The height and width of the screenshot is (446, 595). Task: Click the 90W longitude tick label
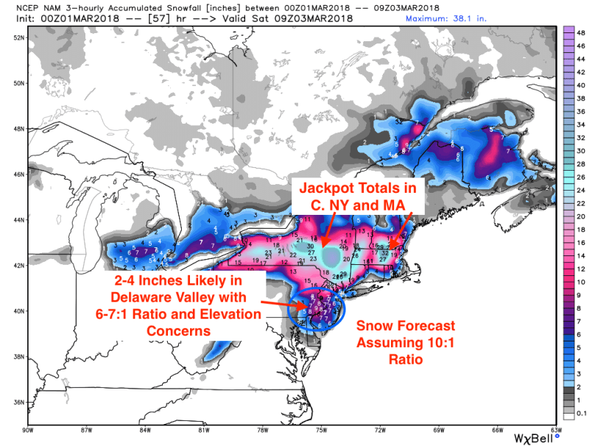29,430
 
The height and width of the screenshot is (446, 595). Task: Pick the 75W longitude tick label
322,430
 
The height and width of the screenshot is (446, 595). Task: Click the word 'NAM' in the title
62,7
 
